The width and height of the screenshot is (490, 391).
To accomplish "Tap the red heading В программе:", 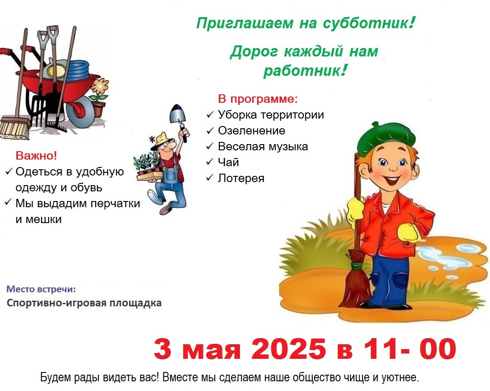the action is (x=258, y=99).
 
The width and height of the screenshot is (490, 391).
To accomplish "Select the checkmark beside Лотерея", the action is (x=209, y=178).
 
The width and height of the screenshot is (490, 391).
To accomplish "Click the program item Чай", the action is (x=228, y=162).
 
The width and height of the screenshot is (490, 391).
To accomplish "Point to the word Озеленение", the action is (x=251, y=130).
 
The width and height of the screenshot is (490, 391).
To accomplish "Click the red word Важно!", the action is (x=36, y=156).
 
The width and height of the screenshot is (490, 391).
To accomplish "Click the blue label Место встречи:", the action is (x=41, y=289).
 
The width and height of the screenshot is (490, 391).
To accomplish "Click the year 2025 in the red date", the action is (x=288, y=348).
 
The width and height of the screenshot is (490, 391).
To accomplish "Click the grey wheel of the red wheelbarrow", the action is (x=81, y=112).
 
